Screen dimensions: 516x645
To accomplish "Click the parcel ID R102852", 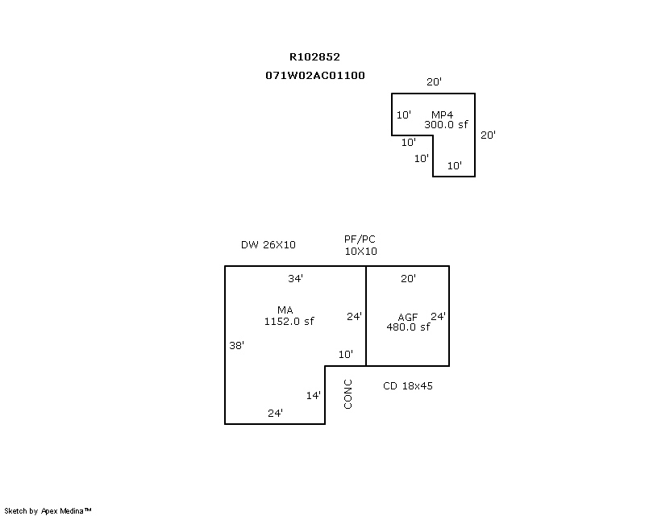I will coord(314,57).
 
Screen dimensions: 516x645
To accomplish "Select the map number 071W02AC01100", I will coord(314,75).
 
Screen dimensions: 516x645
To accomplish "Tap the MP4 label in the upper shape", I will coord(442,115).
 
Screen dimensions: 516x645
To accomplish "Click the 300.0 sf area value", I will coord(446,125).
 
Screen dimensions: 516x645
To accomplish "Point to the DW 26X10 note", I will coord(268,244).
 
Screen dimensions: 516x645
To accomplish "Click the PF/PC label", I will coord(360,239).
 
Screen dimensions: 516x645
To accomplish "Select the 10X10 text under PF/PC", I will coord(360,251).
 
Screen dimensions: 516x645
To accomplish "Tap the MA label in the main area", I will coord(285,310).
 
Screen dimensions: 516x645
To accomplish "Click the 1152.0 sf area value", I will coord(289,321).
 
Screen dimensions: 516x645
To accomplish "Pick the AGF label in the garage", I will coord(408,317).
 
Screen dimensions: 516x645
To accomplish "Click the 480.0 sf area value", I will coord(408,327).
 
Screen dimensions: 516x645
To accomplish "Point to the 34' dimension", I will coord(295,279).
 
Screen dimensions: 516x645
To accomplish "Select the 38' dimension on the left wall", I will coord(236,345).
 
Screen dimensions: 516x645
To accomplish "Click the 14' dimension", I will coord(314,395).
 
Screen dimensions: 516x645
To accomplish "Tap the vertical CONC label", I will coord(348,394).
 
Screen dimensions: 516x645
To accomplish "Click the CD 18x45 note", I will coord(407,386).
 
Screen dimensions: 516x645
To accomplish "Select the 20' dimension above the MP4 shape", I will coord(434,82).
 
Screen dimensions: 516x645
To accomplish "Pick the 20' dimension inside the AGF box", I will coord(408,279).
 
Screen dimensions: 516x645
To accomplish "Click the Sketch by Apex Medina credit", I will coord(48,510).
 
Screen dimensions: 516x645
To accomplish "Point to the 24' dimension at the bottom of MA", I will coord(275,413).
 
